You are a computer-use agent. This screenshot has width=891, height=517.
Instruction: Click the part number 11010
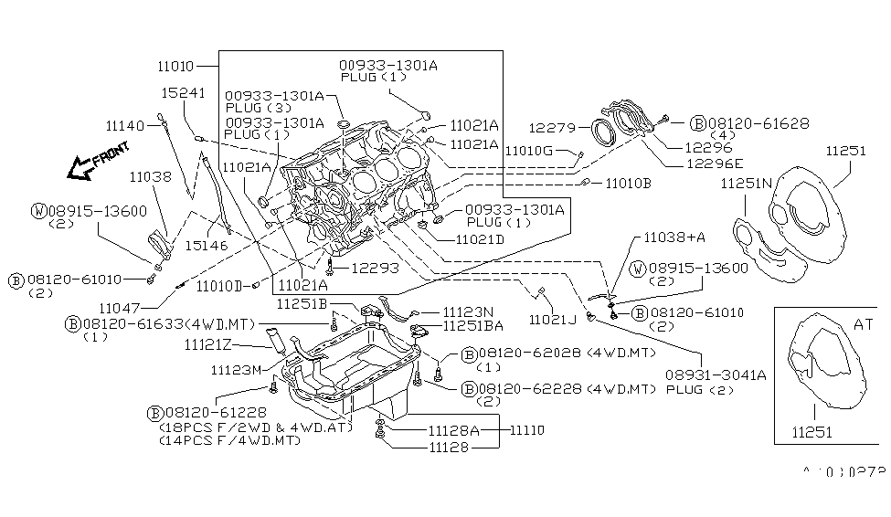[x=174, y=66]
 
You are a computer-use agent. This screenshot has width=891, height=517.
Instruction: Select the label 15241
[x=184, y=93]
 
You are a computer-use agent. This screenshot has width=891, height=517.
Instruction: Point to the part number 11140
[x=126, y=125]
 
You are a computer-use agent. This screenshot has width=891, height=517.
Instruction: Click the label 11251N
[x=745, y=184]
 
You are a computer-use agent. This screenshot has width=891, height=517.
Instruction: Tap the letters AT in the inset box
[x=864, y=323]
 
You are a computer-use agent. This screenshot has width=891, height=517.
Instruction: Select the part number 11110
[x=526, y=428]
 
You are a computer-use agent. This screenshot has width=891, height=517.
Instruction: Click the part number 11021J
[x=553, y=319]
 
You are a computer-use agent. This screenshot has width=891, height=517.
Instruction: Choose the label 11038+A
[x=674, y=237]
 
